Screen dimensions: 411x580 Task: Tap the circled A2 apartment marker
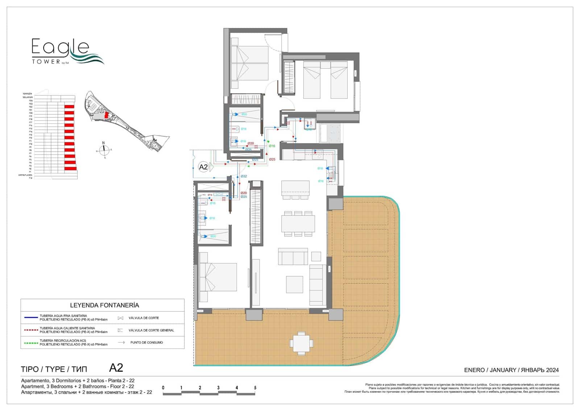(204, 167)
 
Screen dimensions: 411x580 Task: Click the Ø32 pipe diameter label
(244, 176)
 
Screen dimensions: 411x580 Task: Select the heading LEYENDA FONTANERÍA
(104, 305)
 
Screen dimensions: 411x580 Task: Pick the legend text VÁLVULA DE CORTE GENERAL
(151, 330)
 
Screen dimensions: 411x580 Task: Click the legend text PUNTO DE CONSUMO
(146, 342)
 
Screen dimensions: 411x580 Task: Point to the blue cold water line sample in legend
(31, 318)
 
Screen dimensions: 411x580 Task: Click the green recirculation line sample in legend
(31, 342)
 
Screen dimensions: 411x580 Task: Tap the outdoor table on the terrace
(301, 343)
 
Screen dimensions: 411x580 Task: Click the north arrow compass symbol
(104, 150)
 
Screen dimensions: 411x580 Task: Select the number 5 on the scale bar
(255, 388)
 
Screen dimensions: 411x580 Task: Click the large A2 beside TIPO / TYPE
(116, 368)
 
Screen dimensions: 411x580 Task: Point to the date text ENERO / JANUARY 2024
(511, 370)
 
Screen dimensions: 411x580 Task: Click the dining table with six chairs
(298, 224)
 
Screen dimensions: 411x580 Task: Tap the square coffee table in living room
(294, 284)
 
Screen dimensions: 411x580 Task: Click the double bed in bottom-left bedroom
(218, 277)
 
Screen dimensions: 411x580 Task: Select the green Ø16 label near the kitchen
(272, 146)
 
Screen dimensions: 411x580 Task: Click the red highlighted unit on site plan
(106, 115)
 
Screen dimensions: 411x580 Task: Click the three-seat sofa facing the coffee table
(293, 257)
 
